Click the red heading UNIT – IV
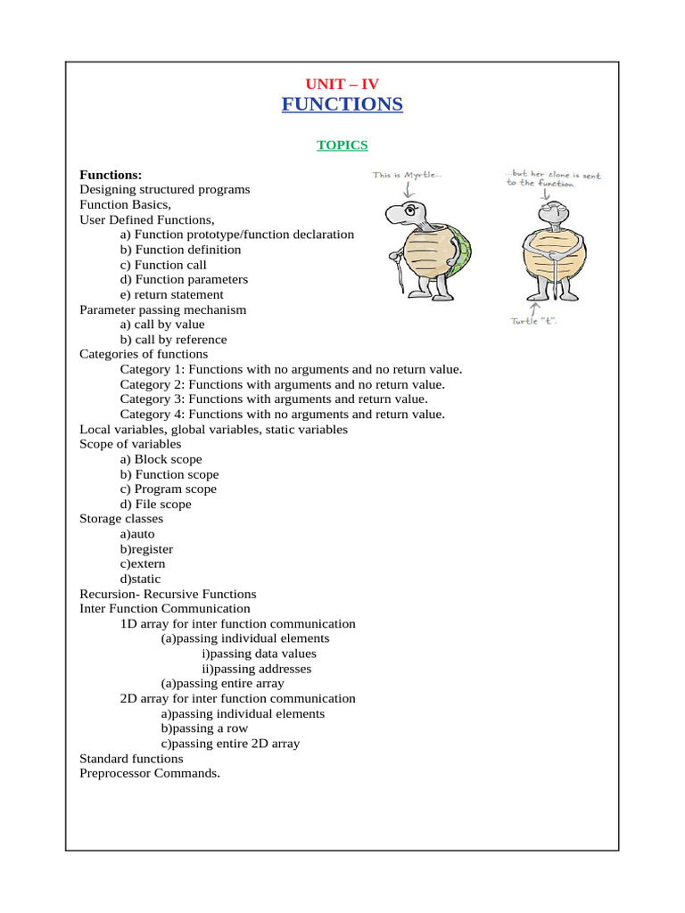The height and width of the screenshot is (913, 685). pos(342,84)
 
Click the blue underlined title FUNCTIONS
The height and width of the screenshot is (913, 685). pos(342,105)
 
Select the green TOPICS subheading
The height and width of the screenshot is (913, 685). pos(342,144)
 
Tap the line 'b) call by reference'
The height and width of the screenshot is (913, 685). pos(173,340)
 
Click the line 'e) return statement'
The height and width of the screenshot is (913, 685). pos(171,294)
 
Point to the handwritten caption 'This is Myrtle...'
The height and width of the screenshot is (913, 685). pos(408,176)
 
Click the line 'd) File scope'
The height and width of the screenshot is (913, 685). pos(155,504)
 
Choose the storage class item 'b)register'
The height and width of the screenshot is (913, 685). pos(146,549)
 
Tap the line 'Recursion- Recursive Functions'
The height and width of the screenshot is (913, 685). pos(168,594)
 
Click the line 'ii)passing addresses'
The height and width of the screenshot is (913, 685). pos(257,669)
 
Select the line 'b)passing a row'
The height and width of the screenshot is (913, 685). pos(204,728)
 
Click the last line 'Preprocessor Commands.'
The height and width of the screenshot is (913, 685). pos(149,773)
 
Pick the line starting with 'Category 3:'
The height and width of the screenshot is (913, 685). pos(274,399)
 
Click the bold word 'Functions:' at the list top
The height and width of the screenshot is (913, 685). pos(111,175)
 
